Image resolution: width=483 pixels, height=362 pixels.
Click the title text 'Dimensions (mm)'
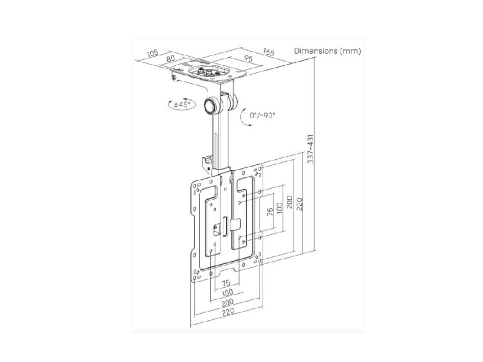pyautogui.click(x=327, y=51)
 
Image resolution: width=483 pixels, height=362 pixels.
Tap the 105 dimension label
pyautogui.click(x=152, y=53)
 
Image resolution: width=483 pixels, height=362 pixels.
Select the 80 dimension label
pyautogui.click(x=170, y=58)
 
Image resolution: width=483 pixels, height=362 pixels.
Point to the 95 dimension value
pyautogui.click(x=248, y=58)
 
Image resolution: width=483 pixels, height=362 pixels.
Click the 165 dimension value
pyautogui.click(x=268, y=52)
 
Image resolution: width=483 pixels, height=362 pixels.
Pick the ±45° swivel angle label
pyautogui.click(x=182, y=104)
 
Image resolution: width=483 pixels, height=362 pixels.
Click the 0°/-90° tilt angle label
pyautogui.click(x=262, y=115)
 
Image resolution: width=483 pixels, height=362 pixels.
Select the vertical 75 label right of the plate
pyautogui.click(x=270, y=212)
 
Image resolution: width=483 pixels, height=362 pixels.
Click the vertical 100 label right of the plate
pyautogui.click(x=280, y=209)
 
